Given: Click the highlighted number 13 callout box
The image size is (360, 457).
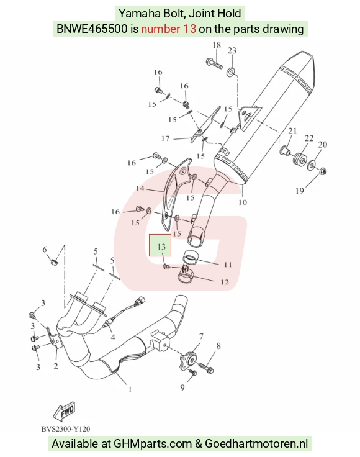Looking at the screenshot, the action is click(160, 245).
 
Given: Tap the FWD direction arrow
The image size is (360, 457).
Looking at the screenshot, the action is click(64, 411).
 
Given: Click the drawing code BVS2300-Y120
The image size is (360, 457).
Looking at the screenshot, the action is click(66, 429).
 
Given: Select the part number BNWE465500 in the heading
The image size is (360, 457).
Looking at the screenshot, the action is click(92, 29).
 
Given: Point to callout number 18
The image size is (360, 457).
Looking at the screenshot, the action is click(217, 45).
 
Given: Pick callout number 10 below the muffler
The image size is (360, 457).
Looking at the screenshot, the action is click(243, 202).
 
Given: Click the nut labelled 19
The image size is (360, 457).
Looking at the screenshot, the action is click(323, 171).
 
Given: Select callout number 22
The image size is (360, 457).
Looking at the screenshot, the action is click(309, 138).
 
